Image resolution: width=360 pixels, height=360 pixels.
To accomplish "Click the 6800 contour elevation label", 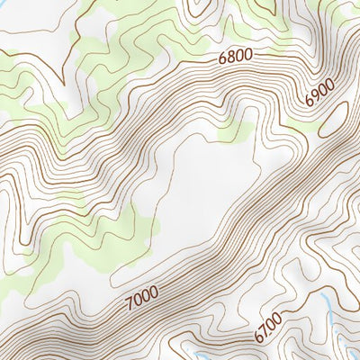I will coord(236,57).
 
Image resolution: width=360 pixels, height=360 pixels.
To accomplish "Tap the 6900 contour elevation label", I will coord(319,93).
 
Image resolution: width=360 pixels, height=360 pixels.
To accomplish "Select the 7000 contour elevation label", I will coord(139,293).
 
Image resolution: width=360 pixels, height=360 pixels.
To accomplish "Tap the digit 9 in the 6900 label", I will coord(315,97).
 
